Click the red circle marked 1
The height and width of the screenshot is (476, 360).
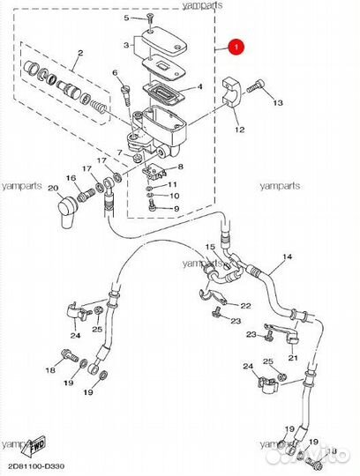[236, 47]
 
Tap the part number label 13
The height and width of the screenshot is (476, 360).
[278, 102]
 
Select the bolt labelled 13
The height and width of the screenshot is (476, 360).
[256, 86]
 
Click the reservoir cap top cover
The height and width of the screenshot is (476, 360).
[164, 41]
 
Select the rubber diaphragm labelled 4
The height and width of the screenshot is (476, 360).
[164, 92]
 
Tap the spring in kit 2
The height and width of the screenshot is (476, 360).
[100, 108]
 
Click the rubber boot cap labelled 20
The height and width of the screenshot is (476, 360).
[67, 211]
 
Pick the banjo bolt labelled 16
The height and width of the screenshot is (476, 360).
[86, 195]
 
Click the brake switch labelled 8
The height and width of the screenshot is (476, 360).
[154, 172]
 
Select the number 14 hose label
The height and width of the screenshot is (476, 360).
[287, 257]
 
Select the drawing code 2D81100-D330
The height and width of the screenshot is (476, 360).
[36, 466]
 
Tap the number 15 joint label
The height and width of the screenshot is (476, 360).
[210, 247]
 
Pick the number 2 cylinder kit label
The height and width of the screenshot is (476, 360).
[80, 53]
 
